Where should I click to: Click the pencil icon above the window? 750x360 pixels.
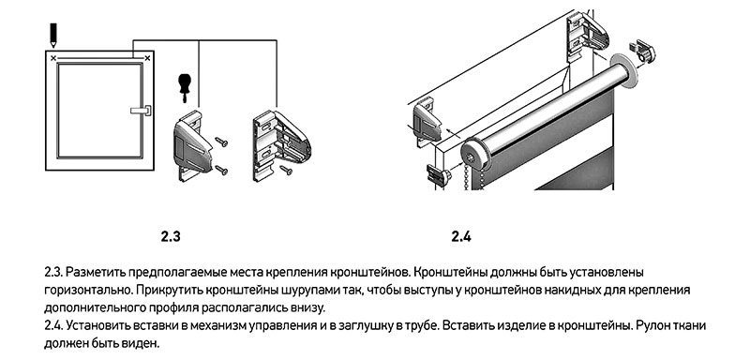(52, 35)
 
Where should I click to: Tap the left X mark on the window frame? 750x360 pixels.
(53, 58)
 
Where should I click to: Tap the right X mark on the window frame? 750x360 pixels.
(147, 58)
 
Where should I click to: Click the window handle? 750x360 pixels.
(142, 111)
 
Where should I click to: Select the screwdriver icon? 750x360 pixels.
(183, 87)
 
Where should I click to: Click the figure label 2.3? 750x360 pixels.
(172, 236)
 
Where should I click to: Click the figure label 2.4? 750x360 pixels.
(461, 236)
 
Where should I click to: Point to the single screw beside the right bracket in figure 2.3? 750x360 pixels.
(286, 170)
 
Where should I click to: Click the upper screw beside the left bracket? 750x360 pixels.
(221, 142)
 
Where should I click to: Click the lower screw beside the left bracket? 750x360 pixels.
(221, 170)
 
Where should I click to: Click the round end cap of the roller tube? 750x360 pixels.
(476, 157)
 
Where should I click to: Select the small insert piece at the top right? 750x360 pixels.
(642, 51)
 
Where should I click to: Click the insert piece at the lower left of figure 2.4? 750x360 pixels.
(438, 175)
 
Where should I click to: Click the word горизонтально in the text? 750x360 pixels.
(88, 290)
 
